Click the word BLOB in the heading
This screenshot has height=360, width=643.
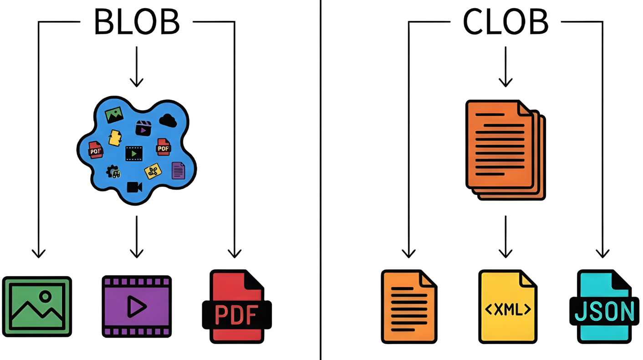pos(136,21)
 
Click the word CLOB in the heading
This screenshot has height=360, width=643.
pos(505,21)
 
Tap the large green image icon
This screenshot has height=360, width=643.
pos(37,306)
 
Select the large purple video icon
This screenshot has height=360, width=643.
pos(136,306)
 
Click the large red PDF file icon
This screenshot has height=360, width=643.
pos(236,306)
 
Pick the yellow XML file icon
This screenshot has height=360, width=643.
pos(507,306)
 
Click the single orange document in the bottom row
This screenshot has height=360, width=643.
pos(408,306)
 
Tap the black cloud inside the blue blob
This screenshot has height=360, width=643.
pos(168,120)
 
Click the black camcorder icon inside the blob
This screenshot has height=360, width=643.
pos(134,187)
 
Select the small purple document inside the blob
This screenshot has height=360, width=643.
pos(178,170)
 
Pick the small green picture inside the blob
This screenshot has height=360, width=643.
pos(114,114)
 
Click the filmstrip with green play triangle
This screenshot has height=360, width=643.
pos(134,154)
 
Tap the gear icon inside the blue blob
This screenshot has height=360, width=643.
pos(112,172)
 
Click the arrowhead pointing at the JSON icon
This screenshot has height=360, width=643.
pos(602,254)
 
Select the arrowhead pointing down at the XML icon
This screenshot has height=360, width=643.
pos(505,253)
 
